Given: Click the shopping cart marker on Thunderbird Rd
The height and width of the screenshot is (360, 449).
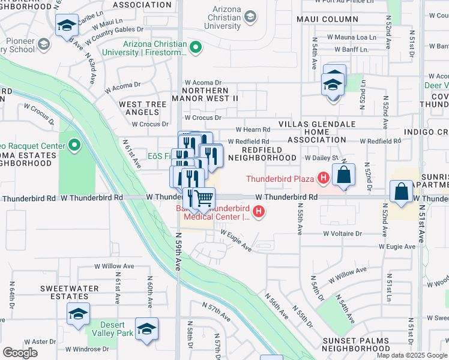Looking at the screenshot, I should coord(204,197).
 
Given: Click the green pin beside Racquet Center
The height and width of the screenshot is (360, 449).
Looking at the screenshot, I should coord(74,145).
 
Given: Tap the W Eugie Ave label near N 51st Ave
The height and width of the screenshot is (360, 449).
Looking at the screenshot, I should coord(397,247).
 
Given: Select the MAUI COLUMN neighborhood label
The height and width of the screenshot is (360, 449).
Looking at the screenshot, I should coord(327,19).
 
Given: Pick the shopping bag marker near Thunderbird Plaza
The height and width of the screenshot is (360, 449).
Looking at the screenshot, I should coord(343,176).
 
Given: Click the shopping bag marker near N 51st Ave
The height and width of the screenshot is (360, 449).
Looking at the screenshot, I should coord(401,191).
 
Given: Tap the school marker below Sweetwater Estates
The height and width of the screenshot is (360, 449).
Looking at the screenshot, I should coord(78,314).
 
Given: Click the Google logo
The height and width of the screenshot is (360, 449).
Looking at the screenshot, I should coord(20,353).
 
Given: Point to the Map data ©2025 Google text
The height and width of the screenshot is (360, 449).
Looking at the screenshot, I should coord(412,355).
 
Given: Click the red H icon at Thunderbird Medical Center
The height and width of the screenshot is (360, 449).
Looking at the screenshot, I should coord(259,211).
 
